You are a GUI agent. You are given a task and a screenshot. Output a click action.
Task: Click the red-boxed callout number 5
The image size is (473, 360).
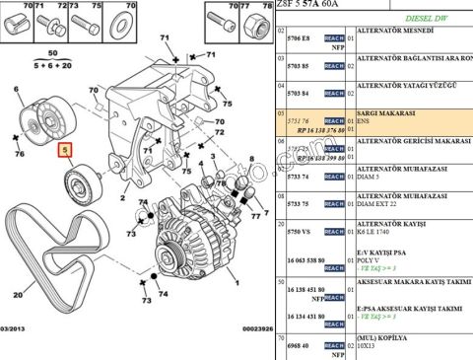[66, 151]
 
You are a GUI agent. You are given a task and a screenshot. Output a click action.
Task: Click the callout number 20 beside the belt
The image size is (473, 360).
[17, 294]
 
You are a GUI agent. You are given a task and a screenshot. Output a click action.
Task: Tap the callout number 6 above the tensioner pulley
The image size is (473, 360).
[17, 90]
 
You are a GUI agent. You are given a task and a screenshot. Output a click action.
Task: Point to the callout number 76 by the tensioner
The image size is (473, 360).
[19, 154]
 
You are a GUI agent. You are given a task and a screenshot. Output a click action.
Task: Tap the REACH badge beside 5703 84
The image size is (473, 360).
[334, 93]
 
